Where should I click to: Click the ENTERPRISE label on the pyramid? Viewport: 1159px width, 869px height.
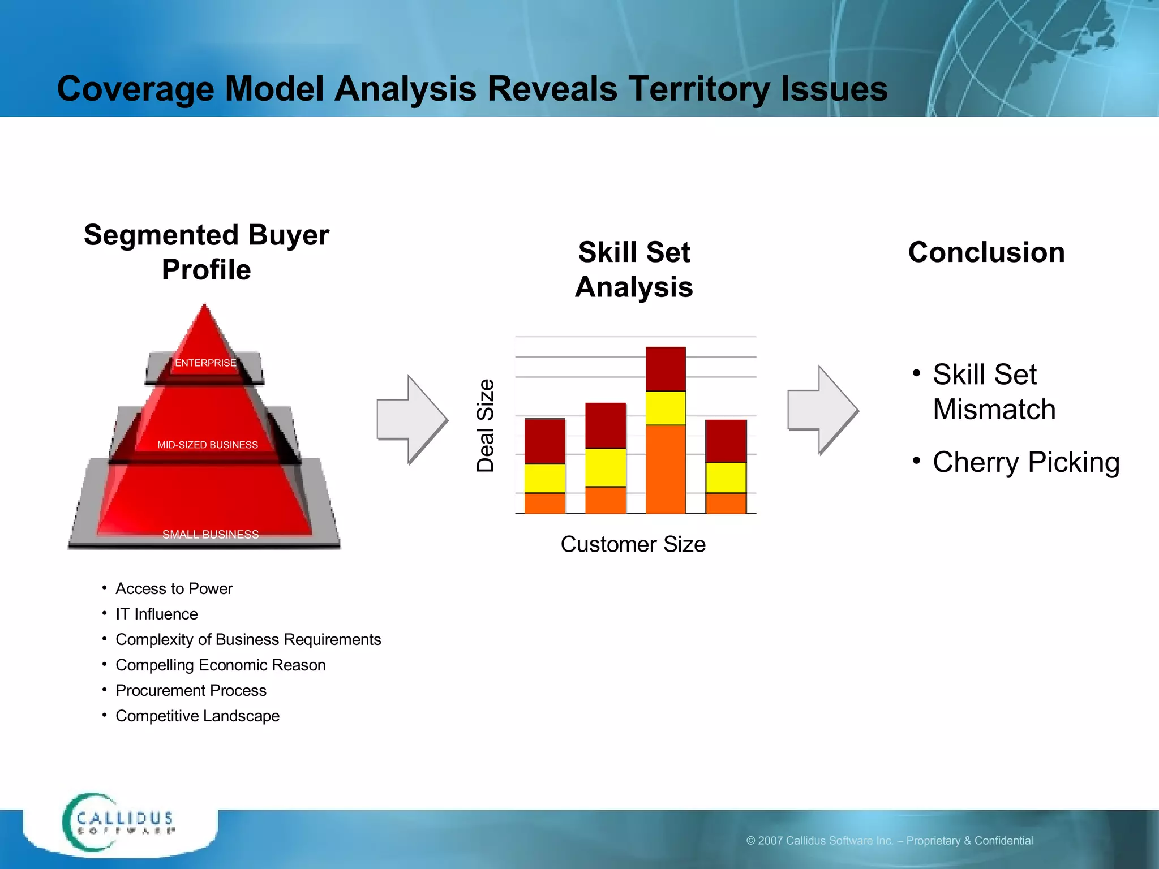point(205,363)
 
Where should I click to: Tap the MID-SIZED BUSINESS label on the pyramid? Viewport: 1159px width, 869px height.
point(208,445)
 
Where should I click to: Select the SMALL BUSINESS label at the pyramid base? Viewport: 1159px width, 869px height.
point(211,534)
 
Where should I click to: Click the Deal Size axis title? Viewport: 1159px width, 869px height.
point(486,425)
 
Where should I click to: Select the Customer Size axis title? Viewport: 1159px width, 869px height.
point(633,544)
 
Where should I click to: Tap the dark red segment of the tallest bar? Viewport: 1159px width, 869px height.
point(666,369)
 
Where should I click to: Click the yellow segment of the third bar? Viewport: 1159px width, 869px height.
point(666,408)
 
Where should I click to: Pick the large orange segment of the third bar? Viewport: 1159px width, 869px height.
point(666,469)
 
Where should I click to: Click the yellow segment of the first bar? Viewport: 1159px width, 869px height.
point(544,478)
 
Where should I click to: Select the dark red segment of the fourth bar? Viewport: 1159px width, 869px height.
point(726,441)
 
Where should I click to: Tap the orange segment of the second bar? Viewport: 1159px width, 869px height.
point(605,500)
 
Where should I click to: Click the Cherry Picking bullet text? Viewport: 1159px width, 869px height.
point(1025,462)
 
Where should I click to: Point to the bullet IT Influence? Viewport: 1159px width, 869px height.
point(157,614)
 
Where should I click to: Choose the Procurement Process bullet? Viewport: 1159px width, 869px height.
point(191,690)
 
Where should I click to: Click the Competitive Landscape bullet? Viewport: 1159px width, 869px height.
point(198,716)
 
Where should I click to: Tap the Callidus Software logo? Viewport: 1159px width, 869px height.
point(119,823)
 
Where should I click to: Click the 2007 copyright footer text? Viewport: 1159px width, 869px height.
point(890,841)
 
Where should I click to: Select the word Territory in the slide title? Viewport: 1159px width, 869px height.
point(699,89)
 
